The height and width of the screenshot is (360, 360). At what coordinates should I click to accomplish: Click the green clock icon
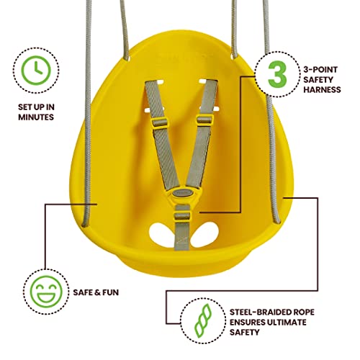coord(36,71)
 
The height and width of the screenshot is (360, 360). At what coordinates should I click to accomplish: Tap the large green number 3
coord(277,74)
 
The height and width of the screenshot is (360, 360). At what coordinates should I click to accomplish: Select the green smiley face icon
coord(46,292)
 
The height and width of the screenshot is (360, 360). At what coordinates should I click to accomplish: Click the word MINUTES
coord(36,117)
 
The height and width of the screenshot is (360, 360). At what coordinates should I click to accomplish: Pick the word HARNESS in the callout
coord(322,90)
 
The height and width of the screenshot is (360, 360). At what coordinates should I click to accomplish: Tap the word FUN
coord(109,292)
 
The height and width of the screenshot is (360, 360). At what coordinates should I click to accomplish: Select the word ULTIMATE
coord(287,323)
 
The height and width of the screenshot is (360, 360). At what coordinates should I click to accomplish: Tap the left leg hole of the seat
coord(161,234)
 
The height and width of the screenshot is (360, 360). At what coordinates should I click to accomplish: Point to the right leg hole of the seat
coord(205,234)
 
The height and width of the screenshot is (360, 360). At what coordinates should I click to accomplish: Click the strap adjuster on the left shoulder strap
coord(159,122)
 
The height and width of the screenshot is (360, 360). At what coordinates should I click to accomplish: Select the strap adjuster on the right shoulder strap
coord(204,120)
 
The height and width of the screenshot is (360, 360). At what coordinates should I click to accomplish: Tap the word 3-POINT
coord(320,70)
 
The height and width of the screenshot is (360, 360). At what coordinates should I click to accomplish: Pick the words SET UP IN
coord(36,107)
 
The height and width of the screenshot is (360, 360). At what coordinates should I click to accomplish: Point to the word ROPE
coord(304,312)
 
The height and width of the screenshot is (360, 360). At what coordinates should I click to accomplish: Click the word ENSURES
coord(248,323)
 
